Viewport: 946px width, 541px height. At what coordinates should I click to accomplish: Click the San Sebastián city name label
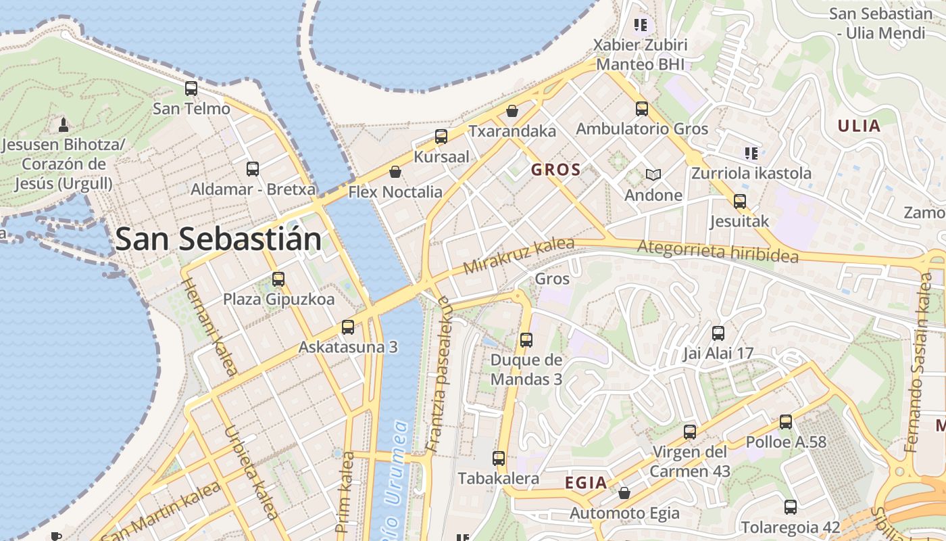pyautogui.click(x=218, y=239)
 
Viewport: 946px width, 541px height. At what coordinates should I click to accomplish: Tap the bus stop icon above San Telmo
pyautogui.click(x=191, y=89)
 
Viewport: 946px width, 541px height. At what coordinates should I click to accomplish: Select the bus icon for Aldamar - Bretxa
pyautogui.click(x=253, y=169)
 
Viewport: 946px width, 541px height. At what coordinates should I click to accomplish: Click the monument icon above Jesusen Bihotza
pyautogui.click(x=64, y=124)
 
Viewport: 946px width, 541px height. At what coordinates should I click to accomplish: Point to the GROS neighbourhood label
pyautogui.click(x=556, y=170)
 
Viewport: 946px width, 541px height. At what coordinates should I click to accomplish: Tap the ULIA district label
pyautogui.click(x=859, y=126)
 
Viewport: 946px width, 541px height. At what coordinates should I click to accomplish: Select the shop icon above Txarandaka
pyautogui.click(x=512, y=111)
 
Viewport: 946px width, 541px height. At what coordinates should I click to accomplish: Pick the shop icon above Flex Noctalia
pyautogui.click(x=395, y=172)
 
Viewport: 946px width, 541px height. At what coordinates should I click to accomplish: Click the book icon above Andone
pyautogui.click(x=653, y=175)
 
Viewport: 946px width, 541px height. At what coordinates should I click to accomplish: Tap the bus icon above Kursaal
pyautogui.click(x=441, y=137)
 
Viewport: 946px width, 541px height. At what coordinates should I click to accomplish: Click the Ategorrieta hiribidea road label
pyautogui.click(x=718, y=252)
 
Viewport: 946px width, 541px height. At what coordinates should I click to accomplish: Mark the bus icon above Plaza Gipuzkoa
pyautogui.click(x=278, y=279)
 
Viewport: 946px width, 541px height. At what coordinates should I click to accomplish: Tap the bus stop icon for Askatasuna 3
pyautogui.click(x=348, y=327)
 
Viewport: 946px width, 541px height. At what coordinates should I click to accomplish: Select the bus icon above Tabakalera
pyautogui.click(x=499, y=458)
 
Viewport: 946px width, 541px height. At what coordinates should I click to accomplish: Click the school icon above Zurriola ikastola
pyautogui.click(x=750, y=153)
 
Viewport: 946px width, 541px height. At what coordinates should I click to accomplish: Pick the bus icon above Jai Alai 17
pyautogui.click(x=718, y=333)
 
